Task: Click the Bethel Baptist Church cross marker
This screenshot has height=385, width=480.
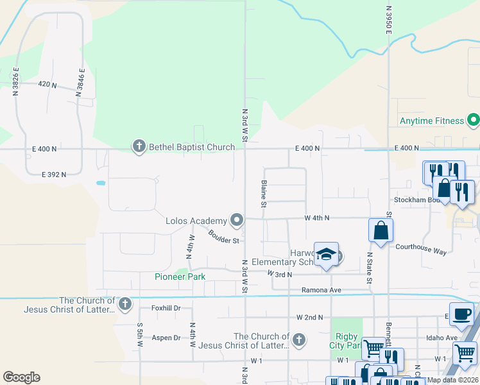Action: [138, 147]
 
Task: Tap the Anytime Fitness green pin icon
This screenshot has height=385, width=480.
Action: [474, 120]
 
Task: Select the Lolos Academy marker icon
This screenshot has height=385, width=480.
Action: [237, 221]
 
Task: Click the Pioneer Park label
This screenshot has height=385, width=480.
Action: [180, 277]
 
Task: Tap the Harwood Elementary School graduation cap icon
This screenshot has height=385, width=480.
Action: [326, 255]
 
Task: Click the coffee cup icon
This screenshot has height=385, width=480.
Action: [461, 314]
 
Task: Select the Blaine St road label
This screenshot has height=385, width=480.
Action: [264, 194]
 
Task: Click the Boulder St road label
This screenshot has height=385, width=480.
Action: [224, 236]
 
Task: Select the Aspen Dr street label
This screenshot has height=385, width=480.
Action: [166, 338]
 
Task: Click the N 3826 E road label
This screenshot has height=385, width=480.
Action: [16, 81]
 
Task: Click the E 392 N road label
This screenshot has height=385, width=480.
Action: [54, 175]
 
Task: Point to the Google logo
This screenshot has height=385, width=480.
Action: [21, 377]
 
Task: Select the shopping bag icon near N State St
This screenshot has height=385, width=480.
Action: [381, 230]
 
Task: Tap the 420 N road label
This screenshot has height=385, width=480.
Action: [47, 85]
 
